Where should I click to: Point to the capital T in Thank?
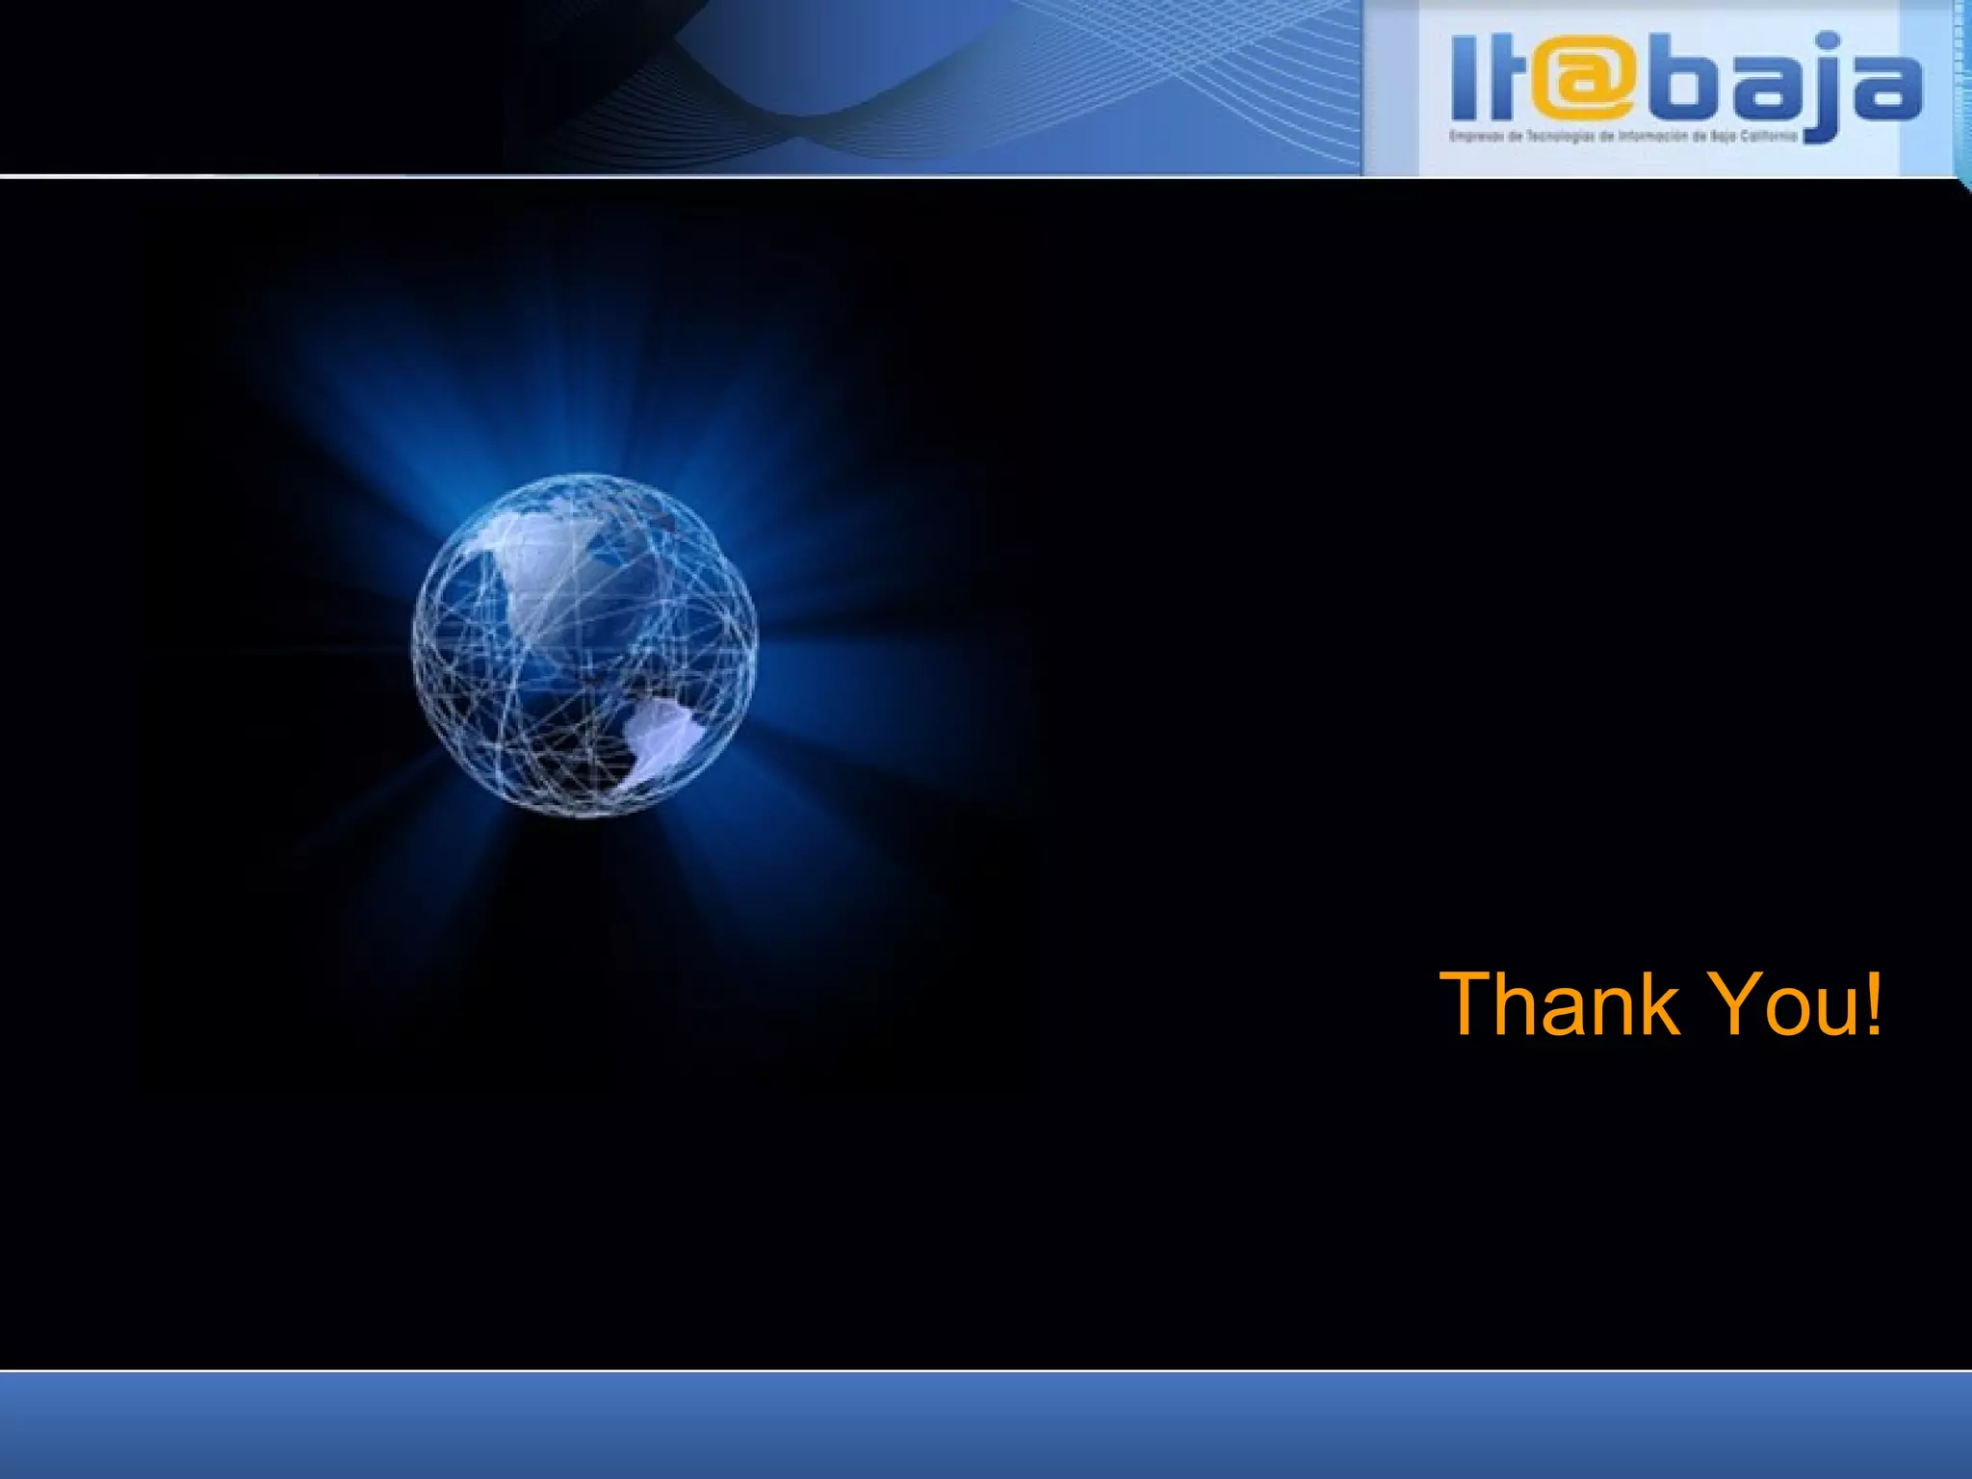point(1468,1005)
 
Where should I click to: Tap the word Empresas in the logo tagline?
point(1471,137)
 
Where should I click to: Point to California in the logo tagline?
point(1773,137)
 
